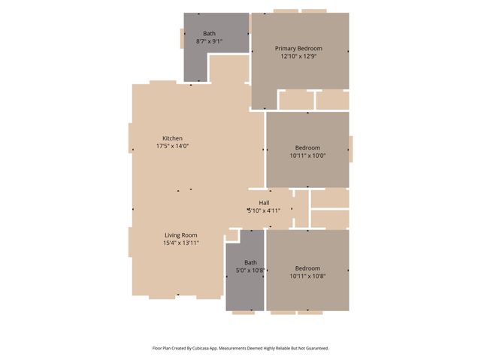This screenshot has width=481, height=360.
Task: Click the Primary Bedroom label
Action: point(298,48)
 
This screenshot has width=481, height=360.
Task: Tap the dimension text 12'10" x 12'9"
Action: point(298,56)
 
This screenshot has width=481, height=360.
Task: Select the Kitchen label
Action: point(172,138)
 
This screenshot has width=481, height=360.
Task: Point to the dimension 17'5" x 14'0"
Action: point(172,147)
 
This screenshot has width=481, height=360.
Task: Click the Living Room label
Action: point(180,235)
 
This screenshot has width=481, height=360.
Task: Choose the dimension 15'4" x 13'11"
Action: point(180,244)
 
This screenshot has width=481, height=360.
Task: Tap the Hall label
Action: point(264,203)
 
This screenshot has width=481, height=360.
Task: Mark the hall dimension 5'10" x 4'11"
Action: point(264,211)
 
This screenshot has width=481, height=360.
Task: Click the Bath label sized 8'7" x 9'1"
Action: point(209,33)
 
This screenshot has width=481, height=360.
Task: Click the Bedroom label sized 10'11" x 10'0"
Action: point(307,147)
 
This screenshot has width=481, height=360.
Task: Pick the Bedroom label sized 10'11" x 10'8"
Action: point(307,268)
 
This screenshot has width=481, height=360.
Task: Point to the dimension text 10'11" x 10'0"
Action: point(307,156)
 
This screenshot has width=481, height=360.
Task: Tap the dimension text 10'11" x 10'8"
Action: point(307,277)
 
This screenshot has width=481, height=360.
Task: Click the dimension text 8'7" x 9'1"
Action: point(209,41)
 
